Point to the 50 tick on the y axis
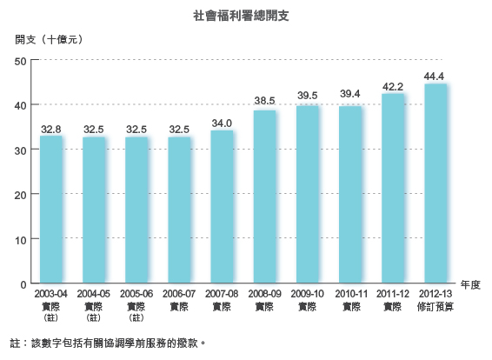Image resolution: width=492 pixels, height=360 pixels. [x=22, y=60]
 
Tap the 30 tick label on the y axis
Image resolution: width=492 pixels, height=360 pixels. [x=22, y=150]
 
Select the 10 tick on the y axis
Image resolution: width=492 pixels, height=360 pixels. [x=22, y=239]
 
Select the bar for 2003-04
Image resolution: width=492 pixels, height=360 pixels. [x=51, y=210]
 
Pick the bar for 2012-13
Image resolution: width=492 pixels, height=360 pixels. [x=435, y=183]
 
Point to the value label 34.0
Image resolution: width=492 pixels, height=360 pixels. [x=222, y=123]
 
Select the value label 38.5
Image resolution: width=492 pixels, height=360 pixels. [x=265, y=102]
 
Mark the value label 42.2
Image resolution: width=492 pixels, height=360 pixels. [x=393, y=86]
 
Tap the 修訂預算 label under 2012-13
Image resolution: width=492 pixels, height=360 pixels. [x=435, y=307]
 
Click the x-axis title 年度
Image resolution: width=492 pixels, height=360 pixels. [x=470, y=284]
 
